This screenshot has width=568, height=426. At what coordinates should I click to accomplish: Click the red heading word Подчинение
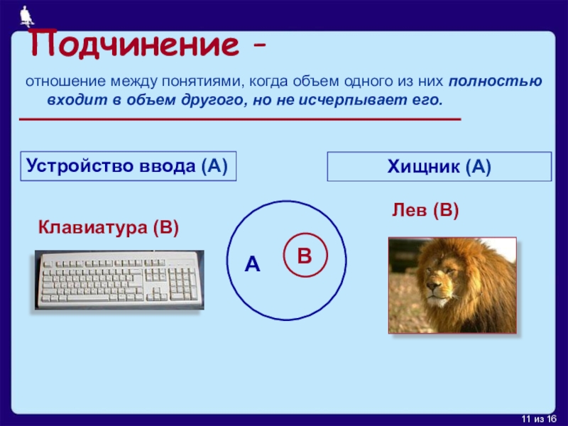134,44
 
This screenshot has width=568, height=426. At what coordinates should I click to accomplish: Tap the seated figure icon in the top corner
26,16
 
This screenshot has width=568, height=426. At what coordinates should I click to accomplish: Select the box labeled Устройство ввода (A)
129,166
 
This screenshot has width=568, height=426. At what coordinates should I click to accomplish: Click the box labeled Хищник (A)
439,167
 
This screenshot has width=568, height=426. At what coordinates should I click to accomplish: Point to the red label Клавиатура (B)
109,228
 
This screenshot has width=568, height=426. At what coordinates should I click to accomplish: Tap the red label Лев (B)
425,210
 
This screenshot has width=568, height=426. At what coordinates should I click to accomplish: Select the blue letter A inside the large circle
253,264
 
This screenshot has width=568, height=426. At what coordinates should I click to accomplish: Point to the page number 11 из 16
539,419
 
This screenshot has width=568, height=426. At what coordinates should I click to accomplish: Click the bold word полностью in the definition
495,82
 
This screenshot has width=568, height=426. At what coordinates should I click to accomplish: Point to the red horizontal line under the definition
240,119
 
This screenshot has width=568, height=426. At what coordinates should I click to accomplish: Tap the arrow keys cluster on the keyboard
156,294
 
